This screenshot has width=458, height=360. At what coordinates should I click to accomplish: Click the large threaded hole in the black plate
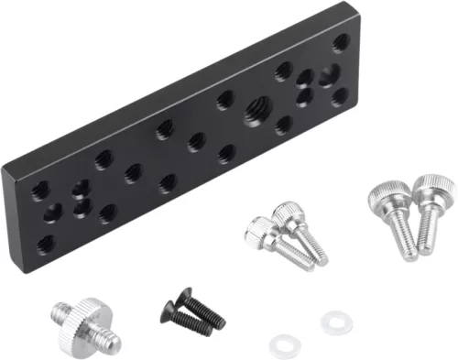pos(254,114)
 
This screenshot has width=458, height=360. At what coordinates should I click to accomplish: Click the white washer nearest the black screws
pos(280,344)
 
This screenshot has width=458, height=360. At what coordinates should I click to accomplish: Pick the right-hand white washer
pos(332,322)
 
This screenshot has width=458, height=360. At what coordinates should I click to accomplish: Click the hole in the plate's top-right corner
pos(340,41)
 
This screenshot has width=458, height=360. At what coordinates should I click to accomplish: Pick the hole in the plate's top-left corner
pos(41,190)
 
